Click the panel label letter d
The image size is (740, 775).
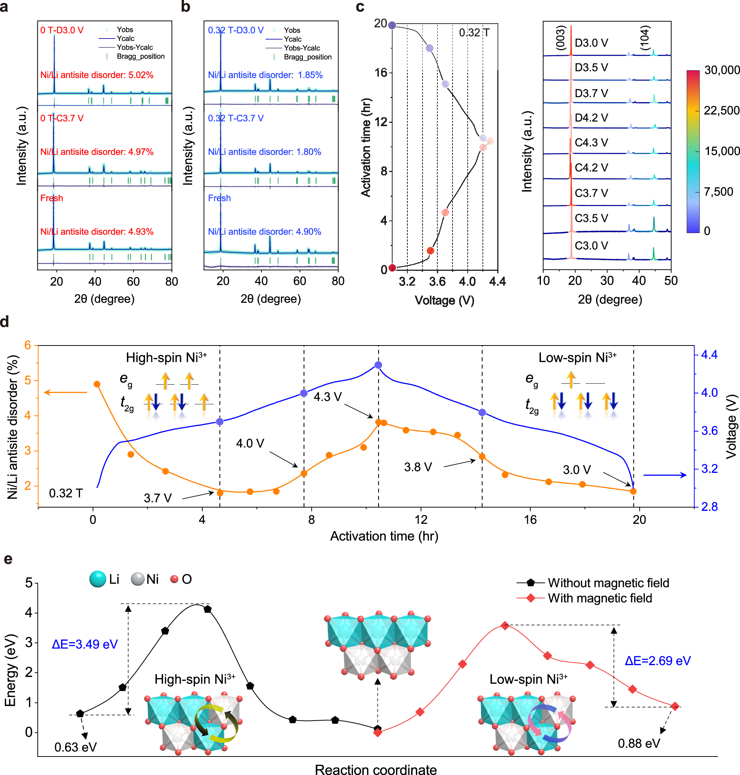pyautogui.click(x=5, y=321)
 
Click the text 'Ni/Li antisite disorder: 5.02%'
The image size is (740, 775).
pyautogui.click(x=97, y=75)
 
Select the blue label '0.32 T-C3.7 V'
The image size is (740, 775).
pyautogui.click(x=235, y=118)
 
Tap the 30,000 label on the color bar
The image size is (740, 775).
pyautogui.click(x=721, y=70)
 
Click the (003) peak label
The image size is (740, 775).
pyautogui.click(x=561, y=38)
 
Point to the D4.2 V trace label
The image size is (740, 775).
pyautogui.click(x=591, y=118)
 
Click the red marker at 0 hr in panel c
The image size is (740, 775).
pyautogui.click(x=392, y=268)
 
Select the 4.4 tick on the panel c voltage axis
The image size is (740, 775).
pyautogui.click(x=497, y=281)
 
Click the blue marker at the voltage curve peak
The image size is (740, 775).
pyautogui.click(x=378, y=365)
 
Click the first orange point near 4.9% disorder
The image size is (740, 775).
pyautogui.click(x=97, y=384)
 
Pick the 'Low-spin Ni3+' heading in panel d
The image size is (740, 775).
pyautogui.click(x=577, y=357)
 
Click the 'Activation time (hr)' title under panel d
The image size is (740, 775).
pyautogui.click(x=384, y=536)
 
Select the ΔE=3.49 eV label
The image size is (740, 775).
pyautogui.click(x=85, y=644)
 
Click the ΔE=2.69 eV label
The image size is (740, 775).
pyautogui.click(x=657, y=661)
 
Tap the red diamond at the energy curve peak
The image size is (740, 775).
pyautogui.click(x=505, y=626)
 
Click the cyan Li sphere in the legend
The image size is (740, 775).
pyautogui.click(x=98, y=579)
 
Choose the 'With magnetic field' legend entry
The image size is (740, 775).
pyautogui.click(x=599, y=598)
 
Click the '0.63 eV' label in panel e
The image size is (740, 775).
pyautogui.click(x=75, y=747)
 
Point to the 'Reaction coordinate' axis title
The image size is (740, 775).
pyautogui.click(x=376, y=769)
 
